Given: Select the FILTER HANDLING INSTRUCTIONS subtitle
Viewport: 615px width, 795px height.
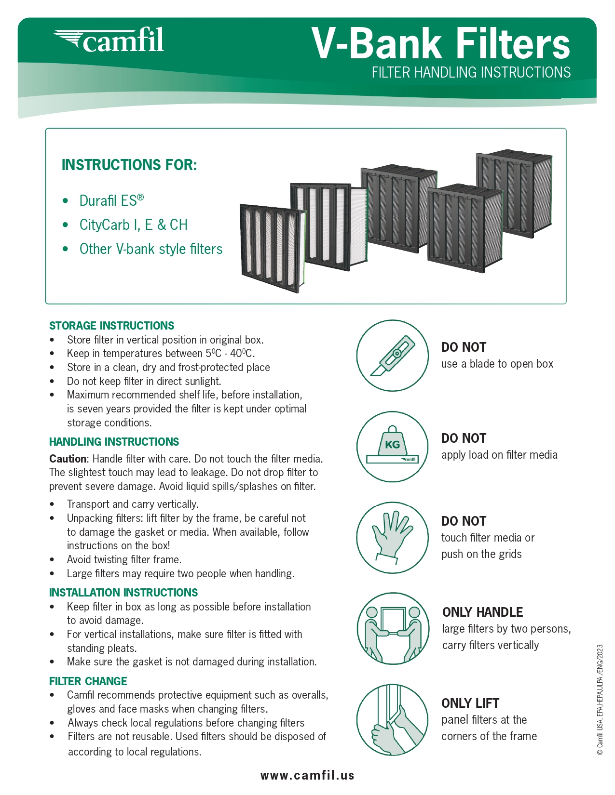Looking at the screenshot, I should (x=471, y=72).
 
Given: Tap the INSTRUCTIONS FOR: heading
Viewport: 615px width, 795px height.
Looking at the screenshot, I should (x=129, y=165).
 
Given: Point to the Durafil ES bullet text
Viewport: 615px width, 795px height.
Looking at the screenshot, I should (x=111, y=200).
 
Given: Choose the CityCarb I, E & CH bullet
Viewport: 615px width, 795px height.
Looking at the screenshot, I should (x=133, y=225).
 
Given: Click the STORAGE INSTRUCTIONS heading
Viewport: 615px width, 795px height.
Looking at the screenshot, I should (x=111, y=326).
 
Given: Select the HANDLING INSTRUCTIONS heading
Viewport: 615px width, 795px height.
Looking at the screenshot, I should (x=114, y=442).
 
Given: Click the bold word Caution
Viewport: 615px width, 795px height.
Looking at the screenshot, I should (x=68, y=459).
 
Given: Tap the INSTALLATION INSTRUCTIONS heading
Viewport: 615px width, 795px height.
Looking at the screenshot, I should (x=123, y=593).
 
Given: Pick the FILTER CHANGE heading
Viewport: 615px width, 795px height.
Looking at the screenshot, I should (x=88, y=681).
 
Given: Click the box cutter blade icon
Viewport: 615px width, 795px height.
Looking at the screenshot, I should (x=392, y=356).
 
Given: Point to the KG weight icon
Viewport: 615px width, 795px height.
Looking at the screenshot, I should (x=392, y=446).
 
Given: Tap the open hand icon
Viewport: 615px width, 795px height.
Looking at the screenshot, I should (x=392, y=537).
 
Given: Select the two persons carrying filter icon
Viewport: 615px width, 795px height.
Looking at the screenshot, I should (x=392, y=628).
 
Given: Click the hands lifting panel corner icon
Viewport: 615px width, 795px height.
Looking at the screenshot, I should (x=392, y=720).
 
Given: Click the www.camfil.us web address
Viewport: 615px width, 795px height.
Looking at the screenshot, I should (x=307, y=775).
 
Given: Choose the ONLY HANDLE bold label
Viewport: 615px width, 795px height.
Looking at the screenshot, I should (x=482, y=612).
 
